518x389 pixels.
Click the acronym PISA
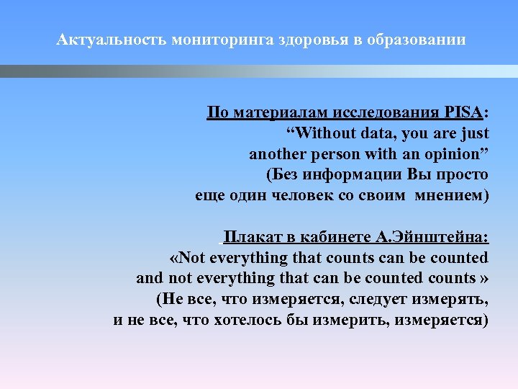(x=465, y=113)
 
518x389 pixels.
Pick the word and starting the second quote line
(x=150, y=278)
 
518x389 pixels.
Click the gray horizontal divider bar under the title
(x=259, y=71)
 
